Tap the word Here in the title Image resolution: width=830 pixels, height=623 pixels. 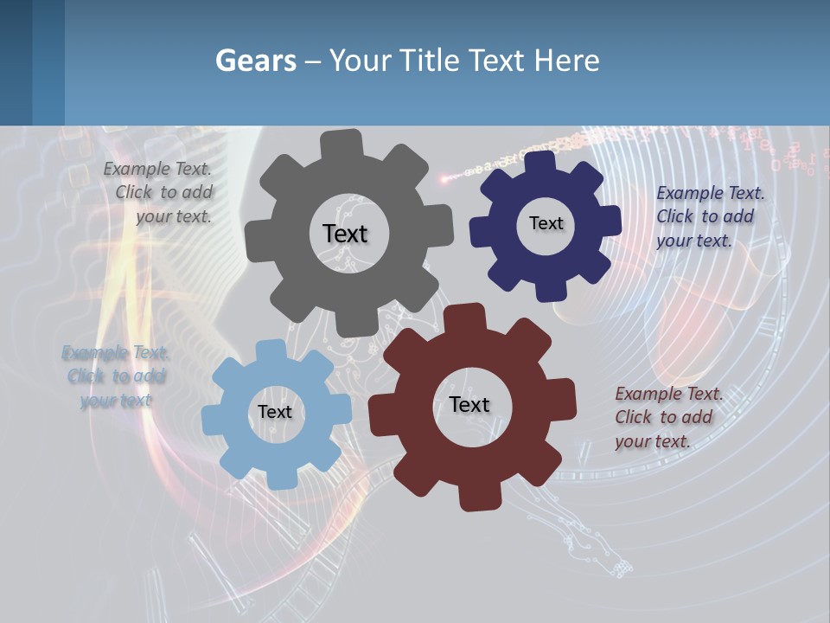click(566, 61)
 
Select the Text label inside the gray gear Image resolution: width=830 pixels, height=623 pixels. click(345, 234)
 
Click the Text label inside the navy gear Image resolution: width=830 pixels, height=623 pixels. click(546, 223)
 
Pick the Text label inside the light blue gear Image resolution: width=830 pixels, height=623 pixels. click(275, 412)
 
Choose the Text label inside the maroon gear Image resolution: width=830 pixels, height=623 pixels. click(469, 404)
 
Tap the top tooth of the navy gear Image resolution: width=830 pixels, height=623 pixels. click(539, 162)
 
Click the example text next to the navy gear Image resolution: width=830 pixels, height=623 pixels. click(709, 216)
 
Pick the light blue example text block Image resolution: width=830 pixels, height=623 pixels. click(116, 376)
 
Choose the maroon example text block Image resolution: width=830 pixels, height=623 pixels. click(667, 417)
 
